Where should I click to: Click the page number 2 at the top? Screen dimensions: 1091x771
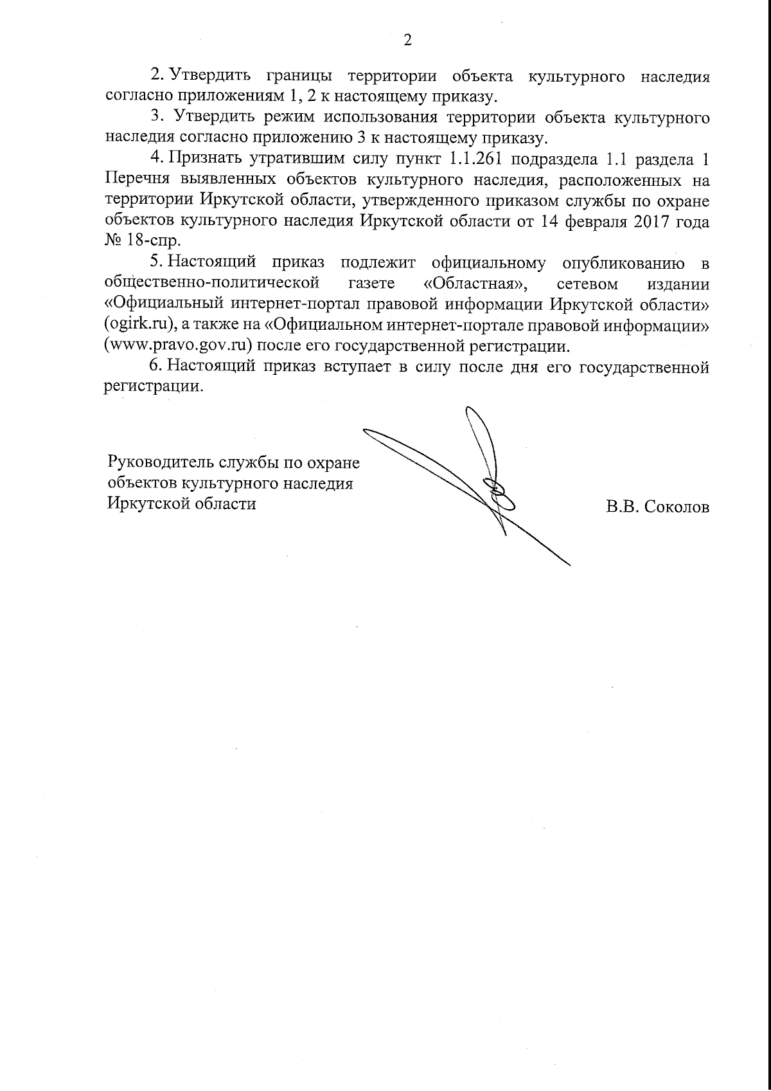pos(407,40)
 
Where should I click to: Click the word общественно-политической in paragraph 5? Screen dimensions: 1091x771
pos(212,283)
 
